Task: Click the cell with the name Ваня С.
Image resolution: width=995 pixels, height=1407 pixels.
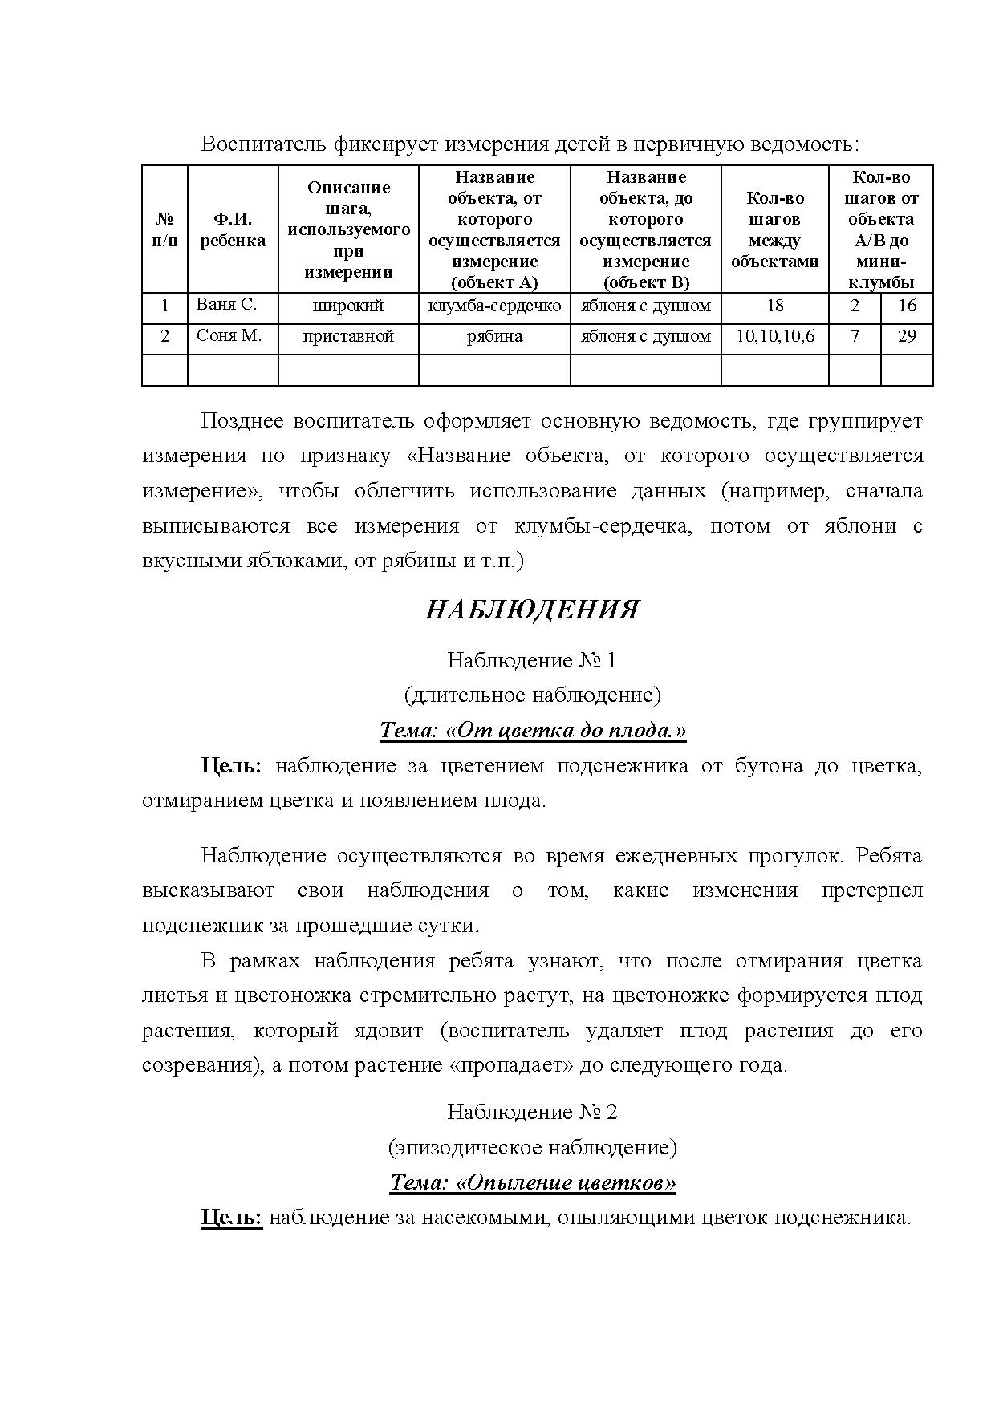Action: point(226,306)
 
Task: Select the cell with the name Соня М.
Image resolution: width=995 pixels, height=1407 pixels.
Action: point(229,336)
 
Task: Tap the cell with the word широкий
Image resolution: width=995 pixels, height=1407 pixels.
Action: point(348,306)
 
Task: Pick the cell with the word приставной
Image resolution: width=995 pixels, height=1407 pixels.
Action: point(348,337)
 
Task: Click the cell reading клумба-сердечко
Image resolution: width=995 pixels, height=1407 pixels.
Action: point(494,306)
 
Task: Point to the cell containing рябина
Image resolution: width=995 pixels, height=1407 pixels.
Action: point(494,337)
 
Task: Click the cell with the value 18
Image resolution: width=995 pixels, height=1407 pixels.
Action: point(774,306)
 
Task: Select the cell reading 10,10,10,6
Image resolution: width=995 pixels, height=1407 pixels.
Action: point(774,337)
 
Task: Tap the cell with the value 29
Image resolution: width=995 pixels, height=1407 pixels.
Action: point(907,337)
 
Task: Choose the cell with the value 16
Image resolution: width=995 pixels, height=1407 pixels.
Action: point(907,306)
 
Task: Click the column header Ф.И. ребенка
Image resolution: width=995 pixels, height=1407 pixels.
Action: point(233,229)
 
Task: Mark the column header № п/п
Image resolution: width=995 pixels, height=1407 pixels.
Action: point(164,229)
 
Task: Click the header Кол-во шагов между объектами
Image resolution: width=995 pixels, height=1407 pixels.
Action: point(774,229)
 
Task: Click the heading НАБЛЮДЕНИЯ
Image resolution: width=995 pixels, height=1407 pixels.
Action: point(531,610)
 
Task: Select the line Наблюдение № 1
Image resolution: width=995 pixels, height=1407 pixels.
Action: point(531,660)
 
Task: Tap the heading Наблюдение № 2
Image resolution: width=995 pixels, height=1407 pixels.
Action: point(531,1112)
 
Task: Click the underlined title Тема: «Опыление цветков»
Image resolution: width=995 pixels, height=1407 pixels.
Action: point(532,1182)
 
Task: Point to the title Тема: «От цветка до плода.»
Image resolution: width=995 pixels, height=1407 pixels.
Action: point(532,731)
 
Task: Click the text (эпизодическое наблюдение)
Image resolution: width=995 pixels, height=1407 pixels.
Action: point(532,1147)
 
